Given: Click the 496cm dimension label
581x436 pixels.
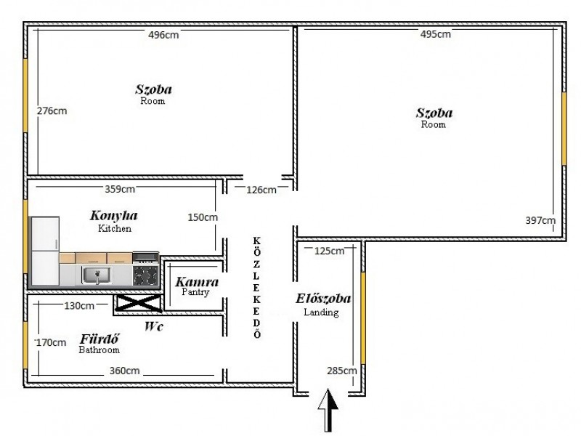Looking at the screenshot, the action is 163,35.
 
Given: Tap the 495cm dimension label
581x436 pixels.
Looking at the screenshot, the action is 435,34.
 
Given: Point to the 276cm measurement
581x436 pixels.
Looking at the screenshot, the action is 52,111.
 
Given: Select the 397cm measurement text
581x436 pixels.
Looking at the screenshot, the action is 540,221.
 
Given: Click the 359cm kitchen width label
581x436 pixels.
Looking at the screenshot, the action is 120,189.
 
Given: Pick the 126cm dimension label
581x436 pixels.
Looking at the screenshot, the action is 261,190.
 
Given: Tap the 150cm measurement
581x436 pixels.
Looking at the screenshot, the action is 203,217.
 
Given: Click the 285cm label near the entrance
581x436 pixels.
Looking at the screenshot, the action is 341,371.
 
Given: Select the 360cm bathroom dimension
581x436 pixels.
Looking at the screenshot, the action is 124,371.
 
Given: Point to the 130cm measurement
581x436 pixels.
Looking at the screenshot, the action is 79,306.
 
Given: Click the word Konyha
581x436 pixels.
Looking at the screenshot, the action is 114,216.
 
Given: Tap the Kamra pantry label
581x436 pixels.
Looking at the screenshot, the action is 197,282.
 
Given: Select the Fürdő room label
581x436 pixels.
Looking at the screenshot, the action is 99,339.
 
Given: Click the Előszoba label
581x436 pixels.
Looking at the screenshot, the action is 323,299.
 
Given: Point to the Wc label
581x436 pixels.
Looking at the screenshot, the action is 154,326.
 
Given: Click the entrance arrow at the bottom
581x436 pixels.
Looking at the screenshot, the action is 328,410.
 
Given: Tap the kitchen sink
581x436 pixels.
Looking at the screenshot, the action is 97,275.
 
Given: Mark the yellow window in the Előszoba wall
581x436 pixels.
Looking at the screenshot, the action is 363,318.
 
